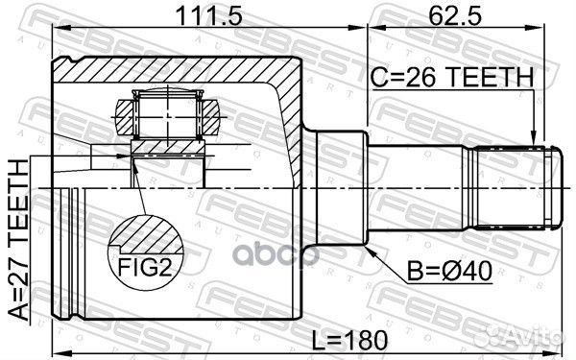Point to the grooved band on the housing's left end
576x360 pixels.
(x=73, y=250)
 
